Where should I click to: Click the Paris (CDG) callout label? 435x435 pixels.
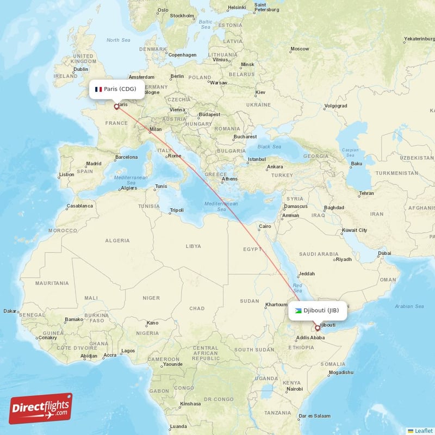(x=117, y=89)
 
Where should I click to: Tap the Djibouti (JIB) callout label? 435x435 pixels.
(x=318, y=310)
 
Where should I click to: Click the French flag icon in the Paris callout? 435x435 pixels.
(x=98, y=89)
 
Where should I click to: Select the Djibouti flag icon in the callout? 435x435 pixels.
(x=298, y=310)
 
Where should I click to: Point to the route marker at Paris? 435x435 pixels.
(x=116, y=107)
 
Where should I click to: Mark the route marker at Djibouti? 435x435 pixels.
(x=318, y=328)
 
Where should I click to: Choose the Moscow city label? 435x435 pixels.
(x=300, y=49)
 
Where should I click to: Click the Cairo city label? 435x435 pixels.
(x=265, y=226)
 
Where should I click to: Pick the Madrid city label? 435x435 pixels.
(x=94, y=163)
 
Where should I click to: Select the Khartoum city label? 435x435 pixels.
(x=275, y=304)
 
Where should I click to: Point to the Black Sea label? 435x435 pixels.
(x=269, y=146)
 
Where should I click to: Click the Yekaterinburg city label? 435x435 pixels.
(x=419, y=39)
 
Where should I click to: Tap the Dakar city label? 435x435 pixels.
(x=10, y=311)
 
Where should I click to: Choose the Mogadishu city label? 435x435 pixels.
(x=340, y=372)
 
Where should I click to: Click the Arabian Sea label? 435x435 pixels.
(x=410, y=306)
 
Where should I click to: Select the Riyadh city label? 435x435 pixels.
(x=344, y=259)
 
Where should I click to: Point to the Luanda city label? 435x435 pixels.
(x=178, y=426)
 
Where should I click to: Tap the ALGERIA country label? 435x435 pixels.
(x=117, y=240)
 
